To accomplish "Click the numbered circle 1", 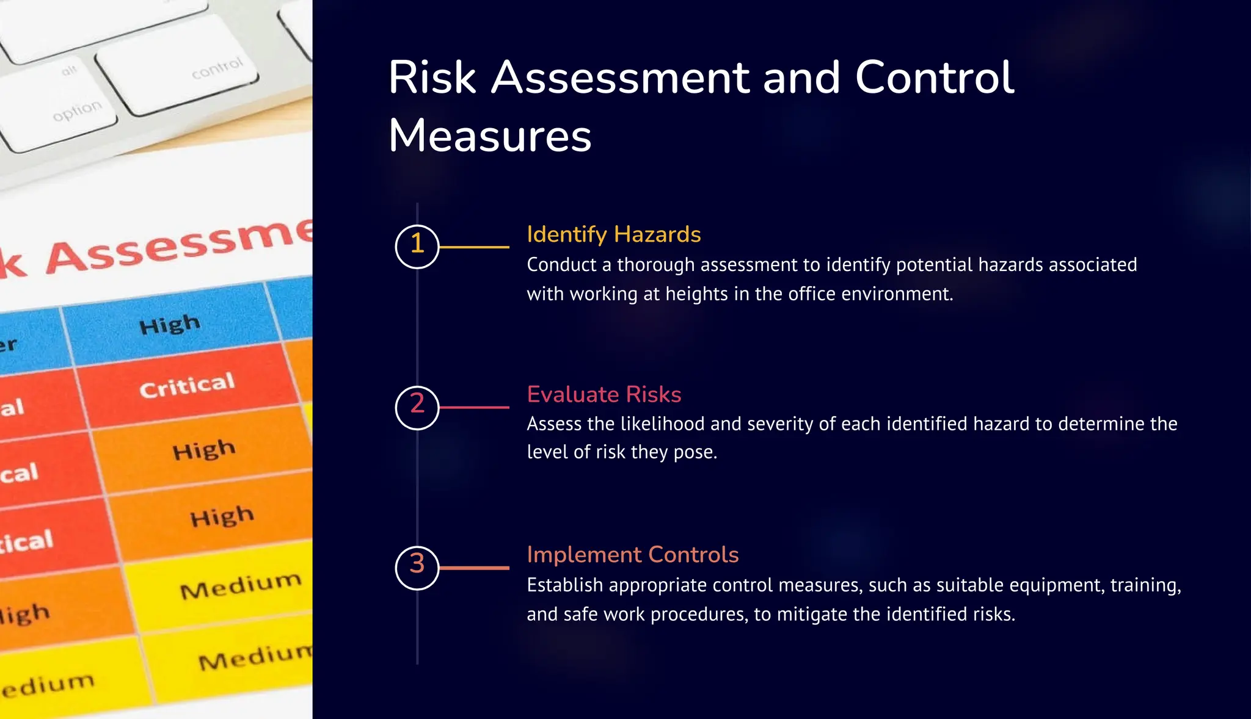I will tap(417, 247).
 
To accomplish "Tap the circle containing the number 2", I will tap(417, 407).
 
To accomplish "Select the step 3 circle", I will tap(417, 568).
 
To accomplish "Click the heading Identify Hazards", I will tap(613, 234).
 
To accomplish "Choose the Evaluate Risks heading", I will tap(604, 394).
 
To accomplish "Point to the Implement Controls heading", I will tap(632, 554).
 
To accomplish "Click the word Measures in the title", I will tap(490, 135).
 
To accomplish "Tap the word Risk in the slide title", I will tap(432, 78).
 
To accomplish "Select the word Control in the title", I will tap(934, 78).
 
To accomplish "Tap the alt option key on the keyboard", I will tap(58, 104).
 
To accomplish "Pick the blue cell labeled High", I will tap(170, 325).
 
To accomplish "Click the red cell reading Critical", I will tap(187, 386).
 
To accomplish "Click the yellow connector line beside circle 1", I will tap(474, 247).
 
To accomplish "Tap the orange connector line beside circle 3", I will tap(474, 568).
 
